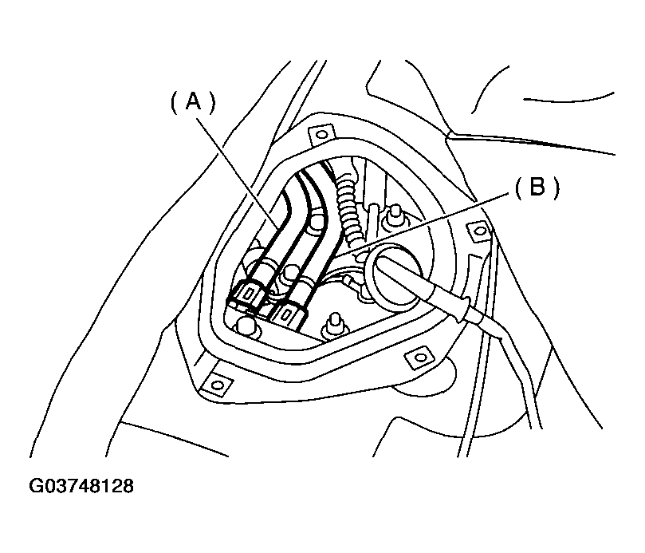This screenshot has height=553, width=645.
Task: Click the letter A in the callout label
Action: [192, 101]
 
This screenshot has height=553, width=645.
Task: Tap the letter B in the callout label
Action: [535, 188]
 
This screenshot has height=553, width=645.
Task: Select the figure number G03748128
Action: [82, 486]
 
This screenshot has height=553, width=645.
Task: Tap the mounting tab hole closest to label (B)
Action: [478, 231]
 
